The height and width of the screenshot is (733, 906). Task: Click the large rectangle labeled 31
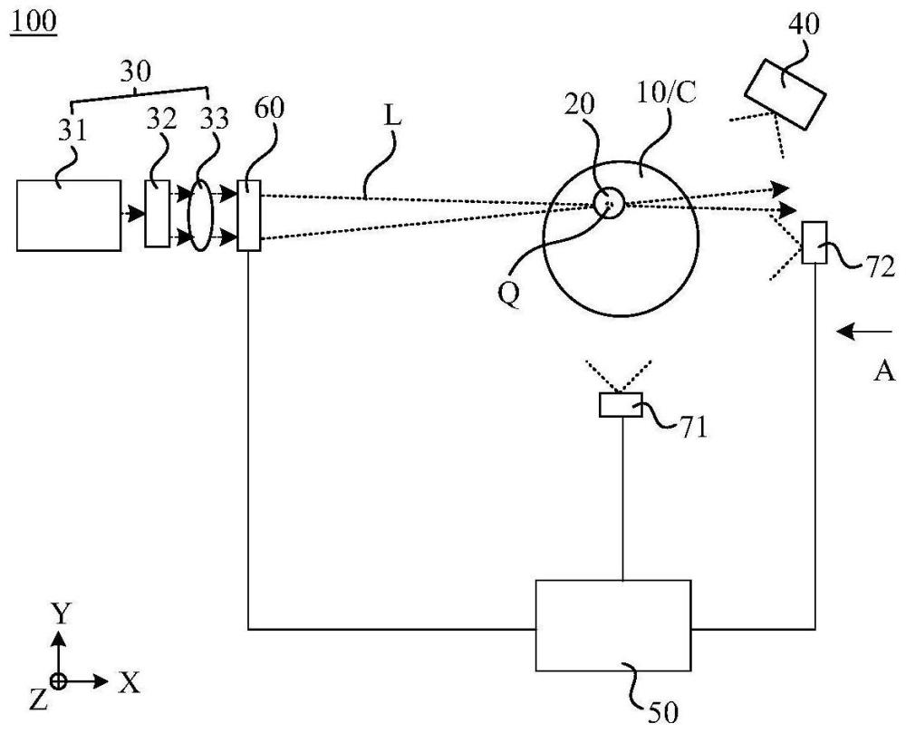(69, 215)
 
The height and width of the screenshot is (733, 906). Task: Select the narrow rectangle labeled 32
(157, 215)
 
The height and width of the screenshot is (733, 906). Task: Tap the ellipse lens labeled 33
(200, 215)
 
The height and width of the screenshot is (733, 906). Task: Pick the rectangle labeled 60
(249, 216)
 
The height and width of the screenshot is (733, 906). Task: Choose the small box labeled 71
(621, 405)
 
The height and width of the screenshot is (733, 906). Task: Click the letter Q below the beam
(510, 295)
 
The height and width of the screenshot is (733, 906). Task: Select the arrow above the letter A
(860, 332)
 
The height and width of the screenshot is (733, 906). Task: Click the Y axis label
(60, 614)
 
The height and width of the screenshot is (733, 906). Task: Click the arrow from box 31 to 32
(132, 215)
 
